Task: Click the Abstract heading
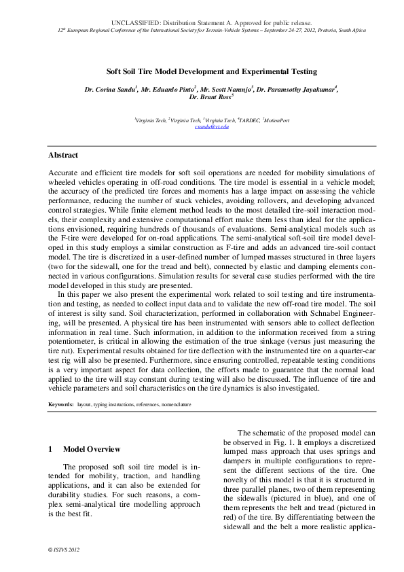[x=62, y=156]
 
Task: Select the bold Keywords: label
[x=60, y=404]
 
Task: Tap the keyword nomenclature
[x=177, y=404]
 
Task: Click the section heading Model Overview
[x=92, y=449]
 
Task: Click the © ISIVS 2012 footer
[x=65, y=549]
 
